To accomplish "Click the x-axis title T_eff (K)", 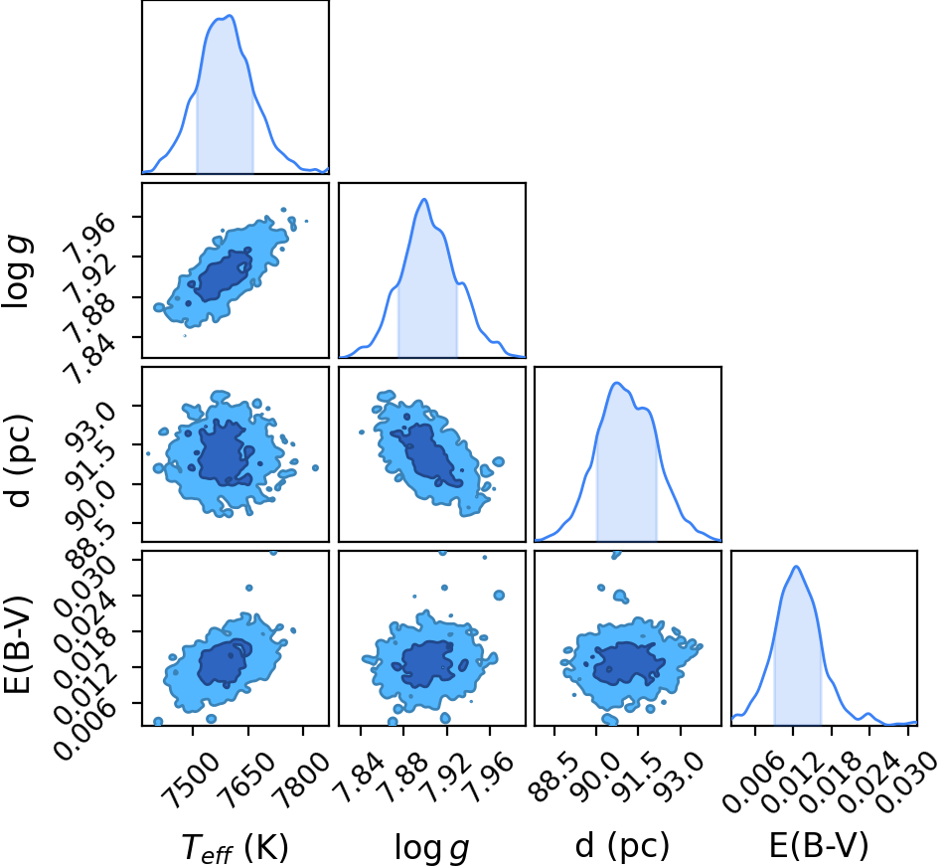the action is pos(236,846).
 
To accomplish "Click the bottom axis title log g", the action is pos(431,847).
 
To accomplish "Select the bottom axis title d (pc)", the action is pos(622,846).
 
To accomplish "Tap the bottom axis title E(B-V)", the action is pos(819,845).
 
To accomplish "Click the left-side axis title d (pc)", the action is pos(17,460).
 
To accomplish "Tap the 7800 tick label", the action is pos(301,772).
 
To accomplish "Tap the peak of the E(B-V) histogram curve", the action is pos(796,567).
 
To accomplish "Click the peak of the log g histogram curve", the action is pos(424,199).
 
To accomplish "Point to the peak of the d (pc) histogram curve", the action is pos(616,383).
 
